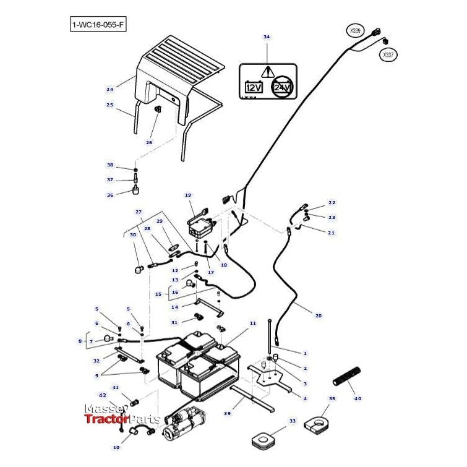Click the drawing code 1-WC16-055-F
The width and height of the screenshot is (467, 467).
98,25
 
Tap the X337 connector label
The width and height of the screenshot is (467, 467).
388,55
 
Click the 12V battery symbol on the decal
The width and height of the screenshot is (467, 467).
254,87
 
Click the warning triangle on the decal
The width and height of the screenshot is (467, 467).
267,71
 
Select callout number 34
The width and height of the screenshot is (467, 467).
267,37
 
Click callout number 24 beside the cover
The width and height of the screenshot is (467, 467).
109,90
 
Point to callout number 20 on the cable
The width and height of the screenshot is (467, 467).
319,315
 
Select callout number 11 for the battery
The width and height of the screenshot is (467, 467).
252,323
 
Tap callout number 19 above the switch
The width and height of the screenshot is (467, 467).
188,195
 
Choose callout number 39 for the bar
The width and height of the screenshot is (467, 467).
227,413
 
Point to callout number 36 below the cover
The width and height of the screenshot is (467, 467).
110,194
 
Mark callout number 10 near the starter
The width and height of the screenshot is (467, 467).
116,447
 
